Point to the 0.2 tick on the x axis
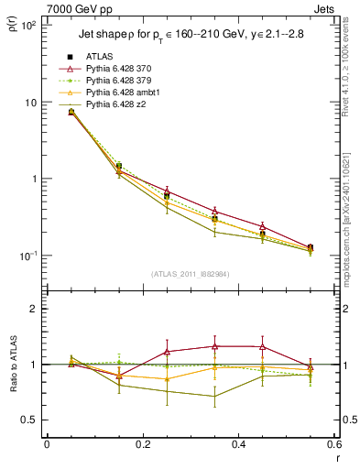pos(142,444)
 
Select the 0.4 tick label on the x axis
pos(238,444)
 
